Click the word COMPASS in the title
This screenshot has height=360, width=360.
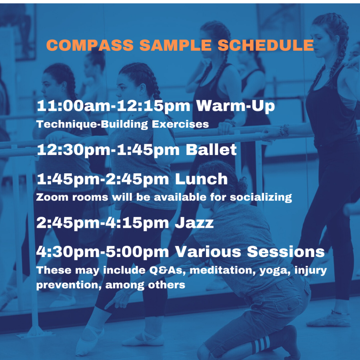90,45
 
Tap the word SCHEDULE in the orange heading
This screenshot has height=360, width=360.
266,45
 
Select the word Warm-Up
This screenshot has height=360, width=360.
235,106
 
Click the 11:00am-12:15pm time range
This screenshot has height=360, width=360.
114,106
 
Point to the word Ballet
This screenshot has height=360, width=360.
211,150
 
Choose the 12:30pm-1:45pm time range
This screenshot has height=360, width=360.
108,150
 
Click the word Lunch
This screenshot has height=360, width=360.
201,179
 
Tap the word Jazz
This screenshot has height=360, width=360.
194,223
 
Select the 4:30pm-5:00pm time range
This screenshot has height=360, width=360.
103,252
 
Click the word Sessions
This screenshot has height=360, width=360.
286,252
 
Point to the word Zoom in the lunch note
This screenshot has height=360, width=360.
52,197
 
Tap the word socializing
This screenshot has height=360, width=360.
261,198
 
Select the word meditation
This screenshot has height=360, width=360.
223,270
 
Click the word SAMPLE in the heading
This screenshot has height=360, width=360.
175,45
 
